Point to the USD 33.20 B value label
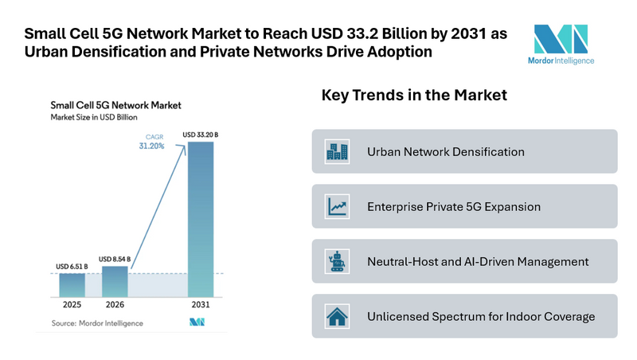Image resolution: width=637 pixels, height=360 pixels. point(201,135)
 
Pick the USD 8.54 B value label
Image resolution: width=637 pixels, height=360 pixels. point(115,259)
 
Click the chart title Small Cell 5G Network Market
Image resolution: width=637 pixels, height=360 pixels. point(115,104)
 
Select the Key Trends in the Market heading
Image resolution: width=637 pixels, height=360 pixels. point(414,96)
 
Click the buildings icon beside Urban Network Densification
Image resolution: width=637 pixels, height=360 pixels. point(336,151)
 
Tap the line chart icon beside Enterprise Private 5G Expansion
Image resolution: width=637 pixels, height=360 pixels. point(336,206)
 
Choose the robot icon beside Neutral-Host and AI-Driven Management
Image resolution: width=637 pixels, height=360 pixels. point(336,261)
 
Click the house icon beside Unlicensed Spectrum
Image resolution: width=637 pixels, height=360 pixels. point(336,316)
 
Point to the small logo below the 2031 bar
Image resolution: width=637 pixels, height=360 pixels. point(198,323)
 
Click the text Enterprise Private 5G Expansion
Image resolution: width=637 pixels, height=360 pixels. point(454,206)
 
